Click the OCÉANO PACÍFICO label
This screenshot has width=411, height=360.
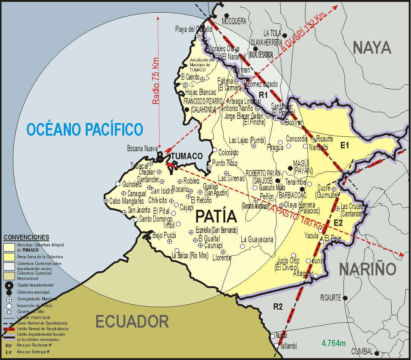click(x=85, y=129)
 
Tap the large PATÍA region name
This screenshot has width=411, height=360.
click(x=216, y=217)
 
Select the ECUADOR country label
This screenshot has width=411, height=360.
click(x=132, y=321)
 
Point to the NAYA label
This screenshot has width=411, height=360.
click(x=372, y=48)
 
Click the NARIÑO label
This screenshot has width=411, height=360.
click(x=367, y=269)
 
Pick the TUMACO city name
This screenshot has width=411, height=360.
click(x=186, y=156)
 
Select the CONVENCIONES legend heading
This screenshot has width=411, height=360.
click(x=26, y=237)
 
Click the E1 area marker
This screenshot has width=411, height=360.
click(x=344, y=145)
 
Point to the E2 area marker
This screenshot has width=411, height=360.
click(x=338, y=223)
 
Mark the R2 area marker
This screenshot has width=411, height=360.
click(x=278, y=307)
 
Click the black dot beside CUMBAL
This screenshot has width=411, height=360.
click(x=377, y=353)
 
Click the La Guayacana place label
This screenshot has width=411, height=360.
click(x=257, y=239)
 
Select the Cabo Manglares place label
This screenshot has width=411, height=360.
click(x=126, y=201)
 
